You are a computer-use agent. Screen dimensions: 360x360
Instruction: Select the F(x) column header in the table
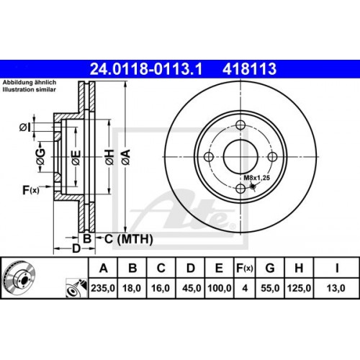tap(245, 269)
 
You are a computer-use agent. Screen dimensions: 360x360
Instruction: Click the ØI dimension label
tap(24, 127)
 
